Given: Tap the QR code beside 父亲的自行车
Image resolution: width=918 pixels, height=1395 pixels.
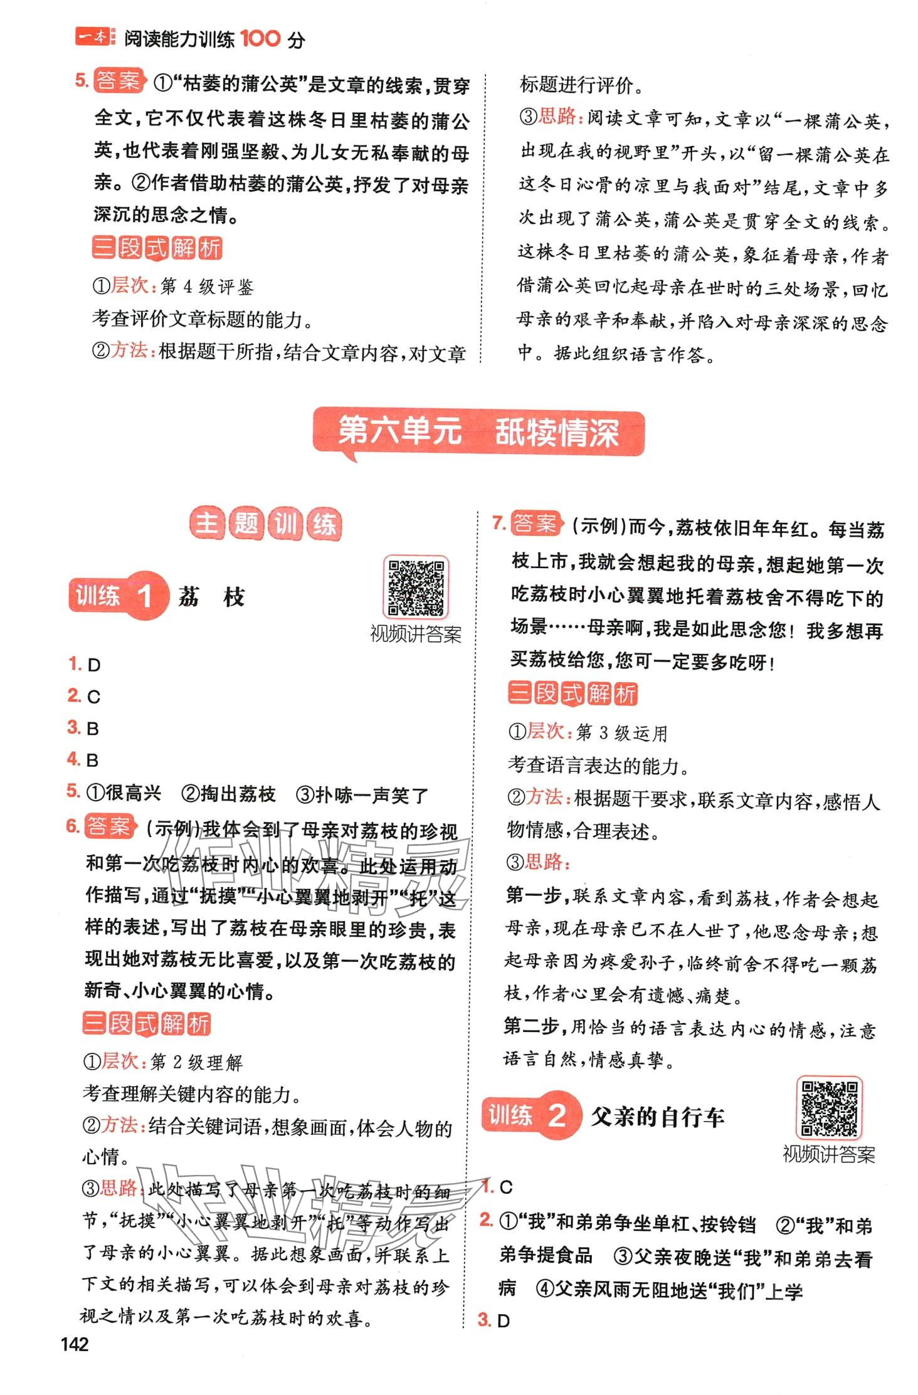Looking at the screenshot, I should click(x=829, y=1107).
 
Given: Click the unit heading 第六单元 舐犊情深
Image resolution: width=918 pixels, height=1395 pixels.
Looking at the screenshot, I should click(x=478, y=432).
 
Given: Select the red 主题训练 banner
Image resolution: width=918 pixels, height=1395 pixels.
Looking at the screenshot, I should click(x=266, y=524).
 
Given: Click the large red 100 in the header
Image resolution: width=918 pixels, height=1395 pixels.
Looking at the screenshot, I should click(x=260, y=39).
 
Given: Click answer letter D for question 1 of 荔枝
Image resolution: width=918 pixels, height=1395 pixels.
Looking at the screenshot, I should click(x=94, y=665).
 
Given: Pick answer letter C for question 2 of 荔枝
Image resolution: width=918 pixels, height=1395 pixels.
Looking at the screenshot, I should click(x=94, y=697).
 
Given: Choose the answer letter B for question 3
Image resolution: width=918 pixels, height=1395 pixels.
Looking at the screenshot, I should click(x=93, y=729).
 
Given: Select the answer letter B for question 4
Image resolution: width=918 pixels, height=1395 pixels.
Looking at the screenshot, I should click(x=92, y=761).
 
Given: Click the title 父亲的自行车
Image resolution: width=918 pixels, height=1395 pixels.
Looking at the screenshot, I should click(x=658, y=1117).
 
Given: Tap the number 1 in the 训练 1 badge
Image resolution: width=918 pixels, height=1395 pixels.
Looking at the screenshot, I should click(x=145, y=596).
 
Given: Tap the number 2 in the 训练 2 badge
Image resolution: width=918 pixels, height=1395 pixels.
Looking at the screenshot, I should click(x=557, y=1115).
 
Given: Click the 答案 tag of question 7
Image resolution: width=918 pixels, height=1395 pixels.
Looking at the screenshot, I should click(x=534, y=524).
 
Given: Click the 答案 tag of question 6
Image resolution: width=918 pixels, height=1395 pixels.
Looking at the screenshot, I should click(x=110, y=826).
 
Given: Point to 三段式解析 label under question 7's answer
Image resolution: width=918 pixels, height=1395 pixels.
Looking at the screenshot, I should click(x=572, y=693).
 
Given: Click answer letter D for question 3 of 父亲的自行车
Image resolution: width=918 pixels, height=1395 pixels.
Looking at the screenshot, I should click(x=504, y=1321).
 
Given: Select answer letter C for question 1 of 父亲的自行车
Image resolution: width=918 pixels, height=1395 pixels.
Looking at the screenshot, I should click(x=506, y=1187).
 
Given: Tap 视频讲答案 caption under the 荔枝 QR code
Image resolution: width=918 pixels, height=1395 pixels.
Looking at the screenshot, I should click(x=416, y=634).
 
